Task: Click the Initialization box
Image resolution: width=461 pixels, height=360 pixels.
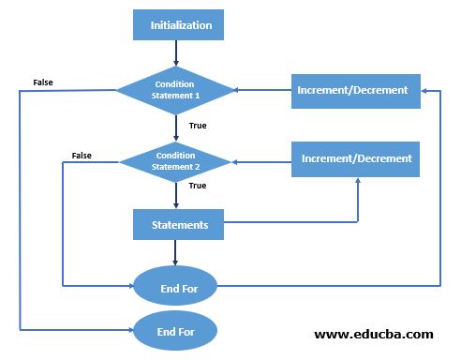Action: point(181,25)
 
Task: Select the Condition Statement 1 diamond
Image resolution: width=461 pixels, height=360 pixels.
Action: point(174,90)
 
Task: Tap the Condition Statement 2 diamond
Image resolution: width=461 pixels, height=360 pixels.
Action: point(175,159)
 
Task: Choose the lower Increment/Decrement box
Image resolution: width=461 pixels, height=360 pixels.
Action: point(356,158)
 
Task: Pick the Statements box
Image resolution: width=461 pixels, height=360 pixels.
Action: point(180,225)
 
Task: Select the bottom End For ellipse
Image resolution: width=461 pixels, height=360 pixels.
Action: point(175,330)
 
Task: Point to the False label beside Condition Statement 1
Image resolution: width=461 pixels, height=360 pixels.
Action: point(43,82)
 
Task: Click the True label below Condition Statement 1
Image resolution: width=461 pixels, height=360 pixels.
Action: point(198,125)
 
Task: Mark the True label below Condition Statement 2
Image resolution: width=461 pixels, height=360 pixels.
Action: point(198,186)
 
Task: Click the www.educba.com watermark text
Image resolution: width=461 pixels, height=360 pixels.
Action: point(373,334)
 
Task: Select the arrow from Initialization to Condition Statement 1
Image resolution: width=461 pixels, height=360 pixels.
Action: point(175,52)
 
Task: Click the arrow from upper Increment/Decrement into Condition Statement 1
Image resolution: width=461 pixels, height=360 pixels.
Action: point(262,91)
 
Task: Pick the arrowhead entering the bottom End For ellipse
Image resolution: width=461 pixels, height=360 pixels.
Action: point(129,330)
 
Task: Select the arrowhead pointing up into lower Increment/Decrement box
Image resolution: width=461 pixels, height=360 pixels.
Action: point(357,182)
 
